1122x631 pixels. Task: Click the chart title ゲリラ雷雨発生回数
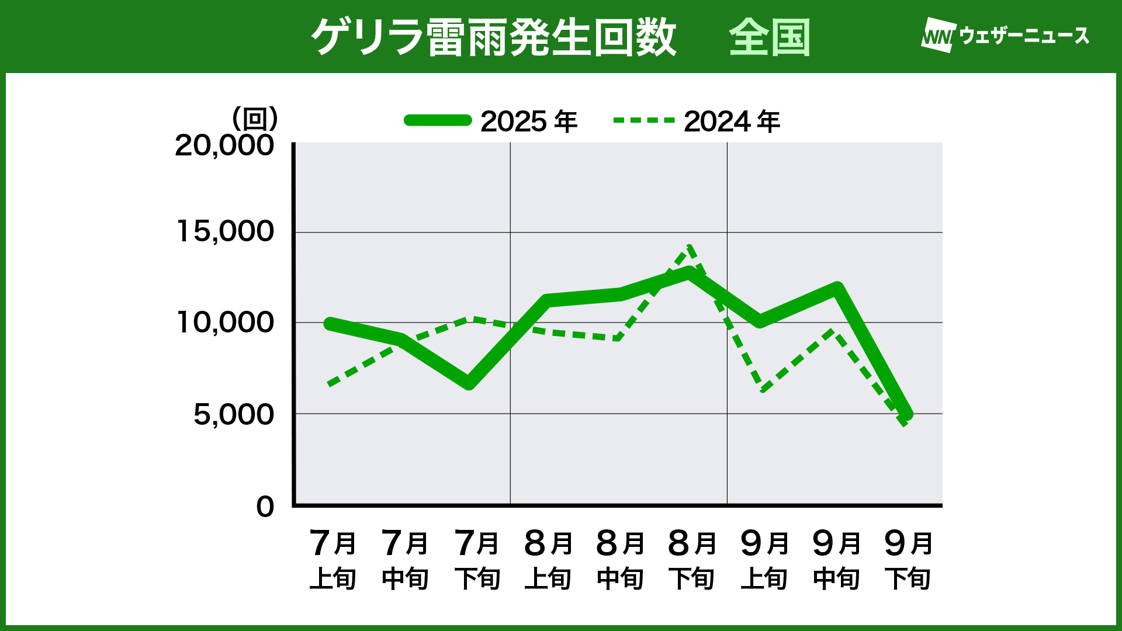(x=494, y=37)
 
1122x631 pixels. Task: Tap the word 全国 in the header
(x=769, y=37)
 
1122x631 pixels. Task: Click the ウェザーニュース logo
(x=1005, y=36)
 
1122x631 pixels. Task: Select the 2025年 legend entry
(x=491, y=121)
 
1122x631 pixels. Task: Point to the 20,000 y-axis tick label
(x=224, y=145)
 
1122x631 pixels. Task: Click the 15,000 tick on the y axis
(x=225, y=231)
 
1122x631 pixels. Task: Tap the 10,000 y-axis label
(x=225, y=322)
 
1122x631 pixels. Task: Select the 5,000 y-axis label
(x=233, y=414)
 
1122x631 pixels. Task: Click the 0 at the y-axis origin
(x=265, y=507)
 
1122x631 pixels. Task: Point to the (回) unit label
(x=255, y=119)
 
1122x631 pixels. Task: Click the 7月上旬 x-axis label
(x=333, y=559)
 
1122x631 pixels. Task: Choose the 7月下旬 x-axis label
(x=477, y=559)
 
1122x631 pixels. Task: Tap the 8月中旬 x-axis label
(x=620, y=559)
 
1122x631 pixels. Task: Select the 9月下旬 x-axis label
(x=908, y=559)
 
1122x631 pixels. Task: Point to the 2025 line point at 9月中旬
(x=836, y=289)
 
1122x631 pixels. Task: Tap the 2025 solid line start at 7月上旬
(x=331, y=324)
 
